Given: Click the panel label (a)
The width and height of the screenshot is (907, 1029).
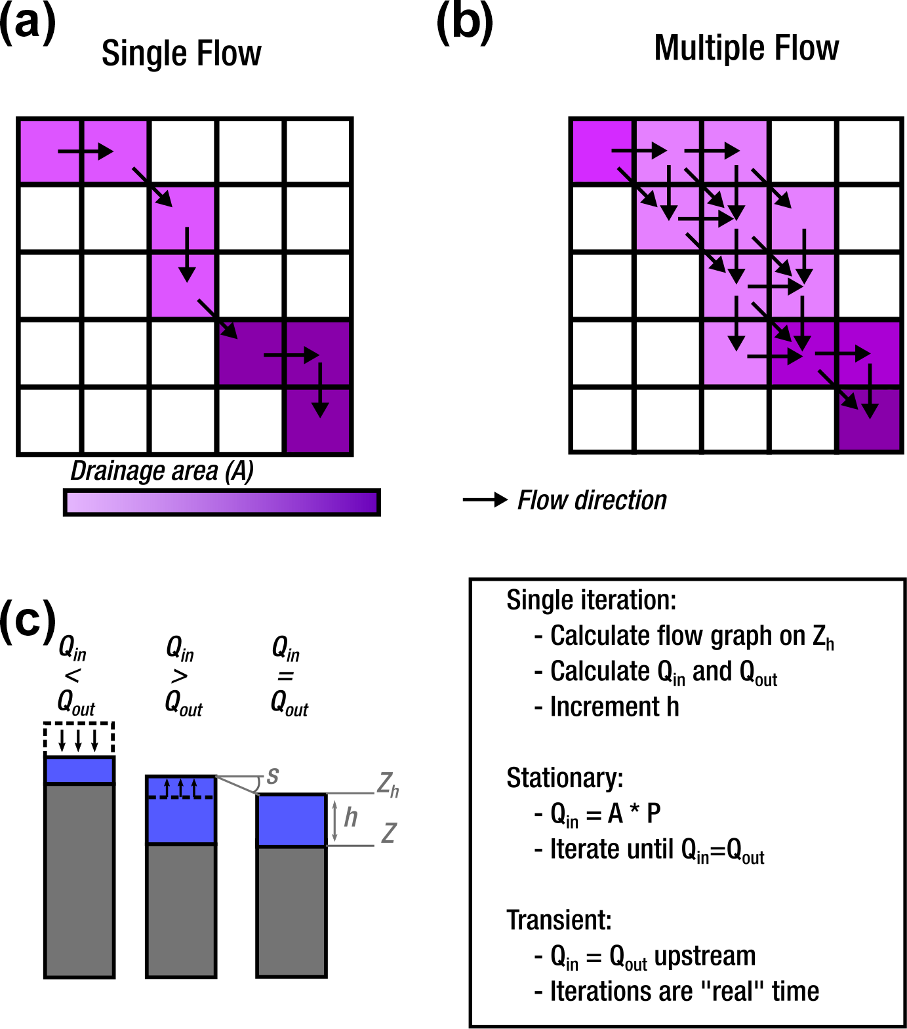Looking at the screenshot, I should [28, 24].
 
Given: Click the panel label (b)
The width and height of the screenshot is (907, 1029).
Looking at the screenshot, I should [464, 24].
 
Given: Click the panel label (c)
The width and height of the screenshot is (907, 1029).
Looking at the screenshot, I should [28, 621].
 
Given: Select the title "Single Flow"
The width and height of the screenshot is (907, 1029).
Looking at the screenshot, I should [181, 54].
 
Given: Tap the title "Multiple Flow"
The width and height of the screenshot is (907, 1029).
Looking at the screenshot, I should [746, 49].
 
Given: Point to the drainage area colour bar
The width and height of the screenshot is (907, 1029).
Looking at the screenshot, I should [222, 503].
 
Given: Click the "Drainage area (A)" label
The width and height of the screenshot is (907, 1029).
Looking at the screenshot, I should [161, 471].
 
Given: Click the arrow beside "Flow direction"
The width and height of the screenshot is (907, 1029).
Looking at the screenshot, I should [485, 500].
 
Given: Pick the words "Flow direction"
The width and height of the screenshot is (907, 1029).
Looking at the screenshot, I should [592, 501].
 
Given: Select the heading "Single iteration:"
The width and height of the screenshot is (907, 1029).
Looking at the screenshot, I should [591, 600].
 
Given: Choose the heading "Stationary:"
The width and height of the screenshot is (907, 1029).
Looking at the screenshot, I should [565, 778].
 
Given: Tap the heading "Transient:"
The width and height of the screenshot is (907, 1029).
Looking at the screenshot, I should [559, 920].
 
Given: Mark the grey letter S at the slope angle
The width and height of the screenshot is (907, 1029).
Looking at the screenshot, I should [273, 776].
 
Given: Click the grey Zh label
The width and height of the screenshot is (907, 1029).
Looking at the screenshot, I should [388, 785].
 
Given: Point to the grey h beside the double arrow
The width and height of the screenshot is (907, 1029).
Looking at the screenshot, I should [351, 817].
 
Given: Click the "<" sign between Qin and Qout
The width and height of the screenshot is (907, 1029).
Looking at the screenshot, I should [72, 676].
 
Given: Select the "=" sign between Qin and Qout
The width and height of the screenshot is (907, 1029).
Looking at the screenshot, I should [285, 676].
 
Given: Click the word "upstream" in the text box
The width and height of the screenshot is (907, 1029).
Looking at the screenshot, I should [705, 956].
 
